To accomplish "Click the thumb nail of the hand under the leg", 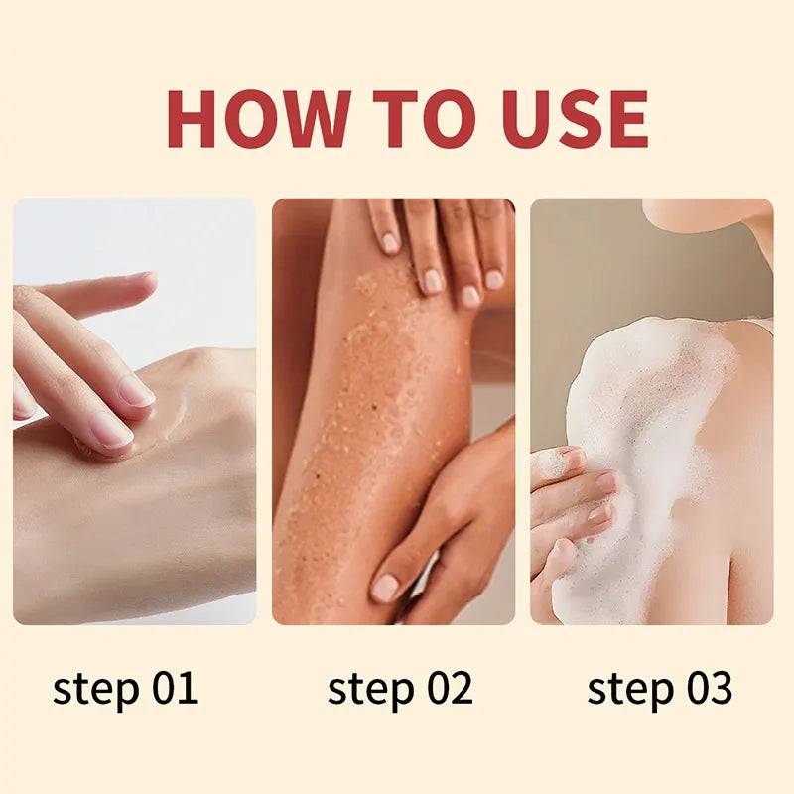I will pos(385,588).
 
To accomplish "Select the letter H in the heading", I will pos(193,118).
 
